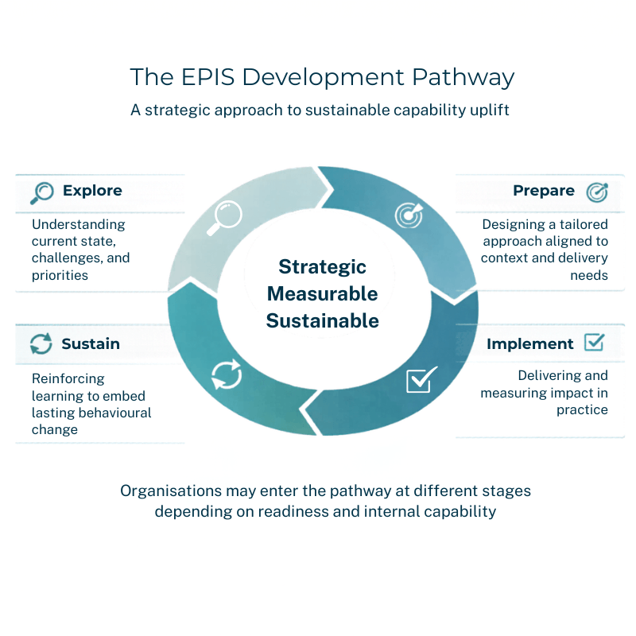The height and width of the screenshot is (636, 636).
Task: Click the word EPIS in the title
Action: (209, 77)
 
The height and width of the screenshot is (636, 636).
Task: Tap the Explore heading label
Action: (92, 191)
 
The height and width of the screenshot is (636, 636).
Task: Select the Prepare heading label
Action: (544, 191)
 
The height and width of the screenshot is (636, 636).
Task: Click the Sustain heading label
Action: (91, 344)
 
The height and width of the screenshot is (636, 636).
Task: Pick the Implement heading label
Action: (530, 344)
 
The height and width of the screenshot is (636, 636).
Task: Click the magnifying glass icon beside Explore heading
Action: (41, 192)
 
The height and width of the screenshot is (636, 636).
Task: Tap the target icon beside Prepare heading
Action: (596, 192)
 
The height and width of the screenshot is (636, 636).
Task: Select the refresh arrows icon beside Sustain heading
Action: (41, 344)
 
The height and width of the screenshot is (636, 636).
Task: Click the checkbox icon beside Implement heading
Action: (594, 343)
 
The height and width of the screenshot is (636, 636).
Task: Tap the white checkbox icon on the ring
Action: (421, 380)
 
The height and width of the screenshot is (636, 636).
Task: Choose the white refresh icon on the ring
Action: (226, 374)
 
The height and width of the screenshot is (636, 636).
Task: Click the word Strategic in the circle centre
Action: (322, 266)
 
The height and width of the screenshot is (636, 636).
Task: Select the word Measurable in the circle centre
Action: (322, 293)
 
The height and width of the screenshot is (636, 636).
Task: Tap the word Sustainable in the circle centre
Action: (322, 321)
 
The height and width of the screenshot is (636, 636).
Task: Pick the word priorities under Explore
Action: (60, 275)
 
